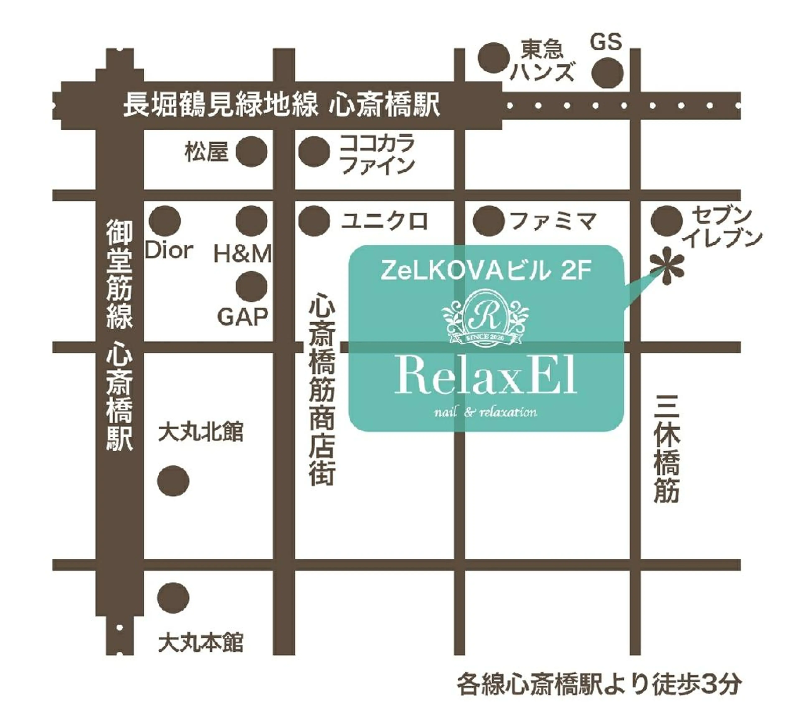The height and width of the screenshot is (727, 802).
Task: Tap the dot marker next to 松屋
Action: pos(251,152)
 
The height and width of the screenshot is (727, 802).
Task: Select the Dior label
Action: pos(169,251)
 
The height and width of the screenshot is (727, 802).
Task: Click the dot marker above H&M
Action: pos(251,221)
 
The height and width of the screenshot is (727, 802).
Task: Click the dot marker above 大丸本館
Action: pos(173,598)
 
